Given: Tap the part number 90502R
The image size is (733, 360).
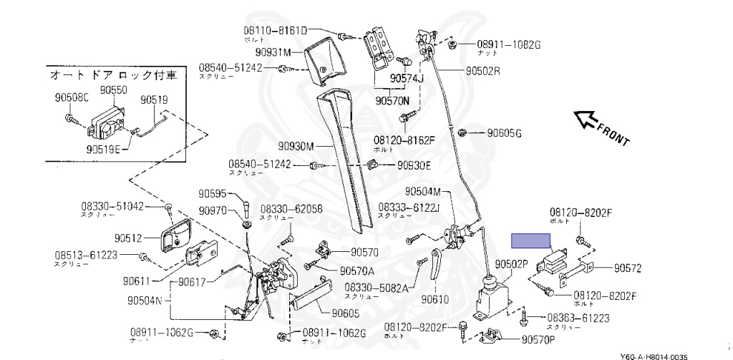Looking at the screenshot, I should pyautogui.click(x=482, y=72).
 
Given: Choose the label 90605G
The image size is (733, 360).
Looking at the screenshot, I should pyautogui.click(x=505, y=132).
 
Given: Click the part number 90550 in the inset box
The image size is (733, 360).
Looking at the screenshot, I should pyautogui.click(x=112, y=90).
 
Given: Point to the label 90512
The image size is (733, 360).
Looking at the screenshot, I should pyautogui.click(x=128, y=238).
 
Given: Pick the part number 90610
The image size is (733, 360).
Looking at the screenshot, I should pyautogui.click(x=435, y=299).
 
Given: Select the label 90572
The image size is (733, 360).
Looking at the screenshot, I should pyautogui.click(x=628, y=268).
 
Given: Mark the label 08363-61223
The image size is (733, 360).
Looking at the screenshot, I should pyautogui.click(x=578, y=317).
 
